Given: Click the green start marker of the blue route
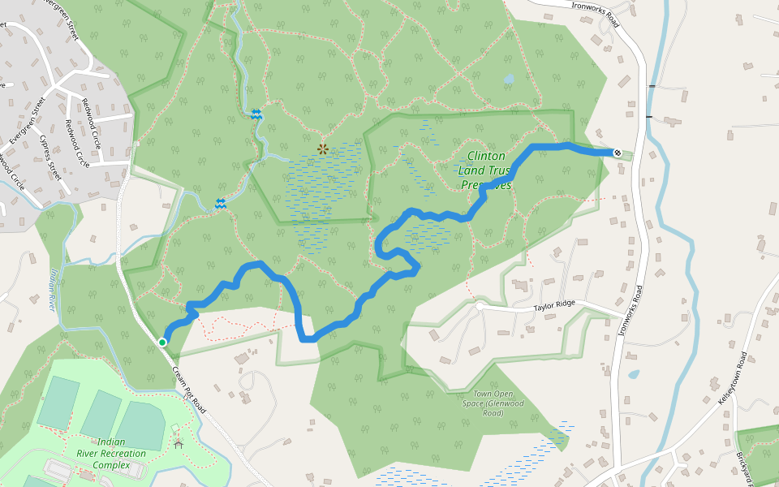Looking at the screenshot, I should pos(162,343).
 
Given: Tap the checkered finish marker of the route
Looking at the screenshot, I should pos(618,153).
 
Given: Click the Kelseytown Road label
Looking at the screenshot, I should pos(732,377).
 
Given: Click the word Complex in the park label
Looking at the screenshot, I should pos(111,465).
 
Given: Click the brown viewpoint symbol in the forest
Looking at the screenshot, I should pos(323,149).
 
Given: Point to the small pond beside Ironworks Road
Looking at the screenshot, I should pos(633,375).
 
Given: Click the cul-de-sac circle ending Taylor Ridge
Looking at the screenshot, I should pos(480,307).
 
